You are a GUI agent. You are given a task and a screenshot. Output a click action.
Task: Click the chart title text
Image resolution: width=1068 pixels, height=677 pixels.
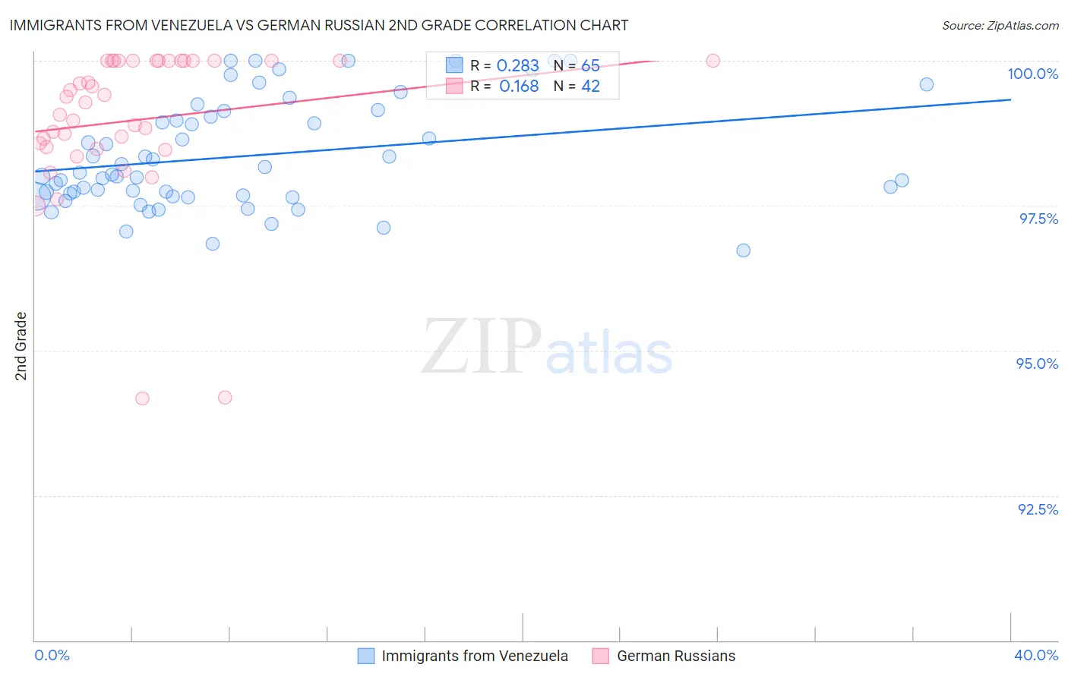319,25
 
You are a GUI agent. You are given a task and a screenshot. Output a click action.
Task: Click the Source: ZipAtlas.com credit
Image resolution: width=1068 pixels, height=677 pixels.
1000,26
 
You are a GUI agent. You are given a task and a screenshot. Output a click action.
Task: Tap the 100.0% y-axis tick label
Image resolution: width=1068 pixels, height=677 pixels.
1032,74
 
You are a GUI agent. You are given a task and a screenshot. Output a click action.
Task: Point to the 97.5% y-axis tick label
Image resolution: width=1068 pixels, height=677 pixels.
1038,219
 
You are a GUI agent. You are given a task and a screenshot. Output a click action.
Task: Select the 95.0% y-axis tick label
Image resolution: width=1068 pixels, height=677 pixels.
1037,364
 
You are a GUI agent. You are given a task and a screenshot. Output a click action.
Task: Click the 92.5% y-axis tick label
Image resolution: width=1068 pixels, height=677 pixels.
1038,509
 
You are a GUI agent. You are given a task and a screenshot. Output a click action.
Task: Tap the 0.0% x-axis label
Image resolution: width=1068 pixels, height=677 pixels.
52,655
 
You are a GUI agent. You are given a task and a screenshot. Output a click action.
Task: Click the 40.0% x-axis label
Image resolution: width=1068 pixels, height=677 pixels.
1035,655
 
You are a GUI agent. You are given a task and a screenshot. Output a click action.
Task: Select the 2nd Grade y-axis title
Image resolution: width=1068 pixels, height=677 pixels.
21,346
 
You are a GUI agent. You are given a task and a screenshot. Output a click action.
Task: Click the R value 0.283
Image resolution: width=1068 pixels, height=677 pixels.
517,66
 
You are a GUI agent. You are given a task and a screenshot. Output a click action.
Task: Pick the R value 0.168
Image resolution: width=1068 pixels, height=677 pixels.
519,87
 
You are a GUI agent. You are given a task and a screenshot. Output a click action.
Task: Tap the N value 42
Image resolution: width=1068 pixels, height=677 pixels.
590,87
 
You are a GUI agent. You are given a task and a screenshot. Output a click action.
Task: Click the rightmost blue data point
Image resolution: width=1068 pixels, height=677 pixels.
926,84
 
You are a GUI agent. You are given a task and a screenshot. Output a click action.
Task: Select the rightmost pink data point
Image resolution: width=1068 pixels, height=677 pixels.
713,61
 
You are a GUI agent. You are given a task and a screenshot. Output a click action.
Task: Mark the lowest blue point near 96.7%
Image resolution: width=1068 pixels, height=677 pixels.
743,250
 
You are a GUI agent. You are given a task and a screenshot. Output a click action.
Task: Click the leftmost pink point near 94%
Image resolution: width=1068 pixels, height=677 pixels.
142,398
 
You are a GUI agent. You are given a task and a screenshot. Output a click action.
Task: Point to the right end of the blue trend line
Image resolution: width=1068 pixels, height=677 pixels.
1010,99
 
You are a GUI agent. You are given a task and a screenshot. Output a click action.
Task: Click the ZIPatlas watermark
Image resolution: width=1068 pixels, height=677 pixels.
547,348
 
